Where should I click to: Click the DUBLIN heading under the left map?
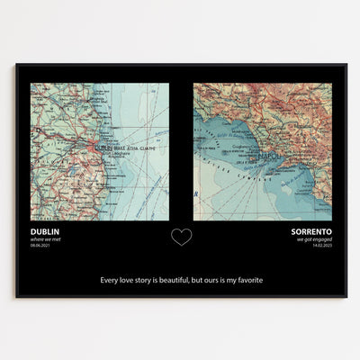coord(45,230)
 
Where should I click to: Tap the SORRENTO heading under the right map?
coord(310,230)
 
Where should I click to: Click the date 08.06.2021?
coord(41,246)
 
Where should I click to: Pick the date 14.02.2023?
coord(320,246)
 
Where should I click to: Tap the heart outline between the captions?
coord(181,237)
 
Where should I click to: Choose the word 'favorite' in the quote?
coord(246,279)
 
